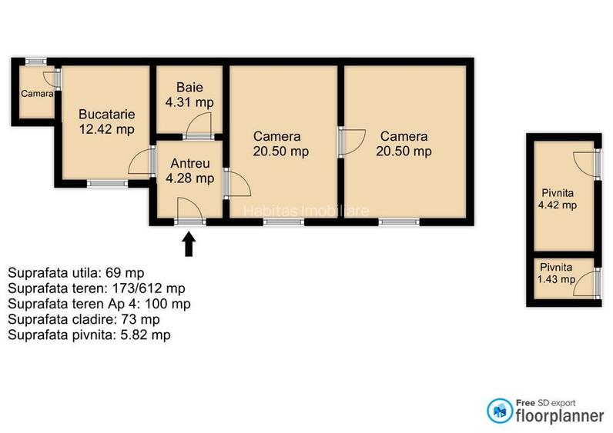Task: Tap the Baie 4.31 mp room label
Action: pyautogui.click(x=189, y=94)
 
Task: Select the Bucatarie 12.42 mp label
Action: pyautogui.click(x=106, y=122)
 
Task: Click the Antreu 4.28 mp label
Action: pyautogui.click(x=189, y=171)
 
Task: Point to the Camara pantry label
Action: pyautogui.click(x=36, y=94)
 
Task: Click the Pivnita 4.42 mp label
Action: pyautogui.click(x=558, y=198)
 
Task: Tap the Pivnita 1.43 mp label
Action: pyautogui.click(x=556, y=273)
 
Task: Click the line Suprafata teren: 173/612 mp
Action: pyautogui.click(x=96, y=288)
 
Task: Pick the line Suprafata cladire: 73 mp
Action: pyautogui.click(x=84, y=319)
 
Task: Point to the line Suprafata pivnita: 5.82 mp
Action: pyautogui.click(x=89, y=335)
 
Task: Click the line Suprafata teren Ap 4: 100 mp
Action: pyautogui.click(x=99, y=304)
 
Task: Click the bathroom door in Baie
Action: pyautogui.click(x=200, y=127)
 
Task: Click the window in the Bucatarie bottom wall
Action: pyautogui.click(x=106, y=183)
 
